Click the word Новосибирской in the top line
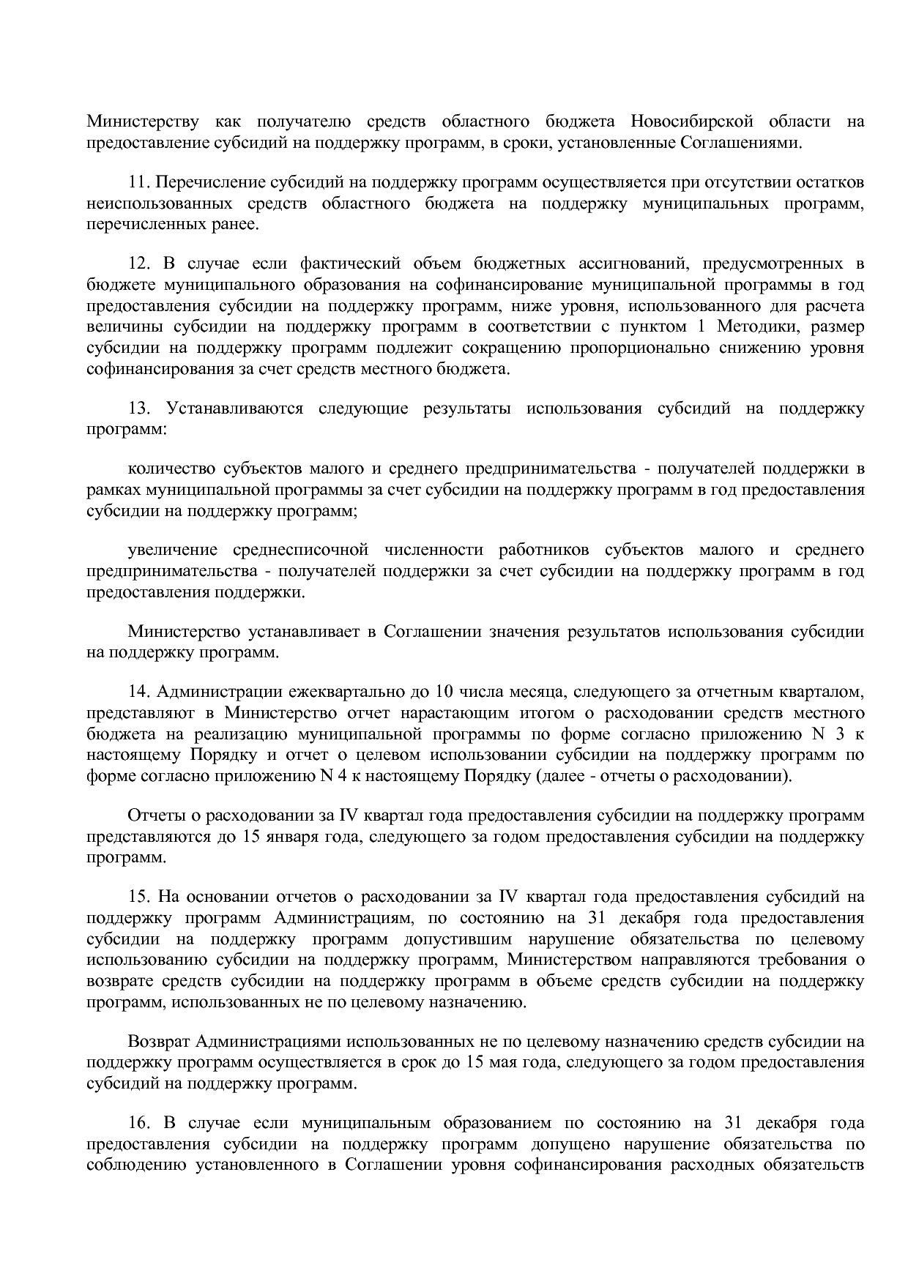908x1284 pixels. tap(691, 121)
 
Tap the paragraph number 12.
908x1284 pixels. tap(139, 264)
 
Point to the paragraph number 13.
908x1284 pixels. tap(139, 408)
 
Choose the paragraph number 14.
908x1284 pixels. tap(139, 692)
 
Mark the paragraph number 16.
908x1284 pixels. tap(139, 1123)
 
